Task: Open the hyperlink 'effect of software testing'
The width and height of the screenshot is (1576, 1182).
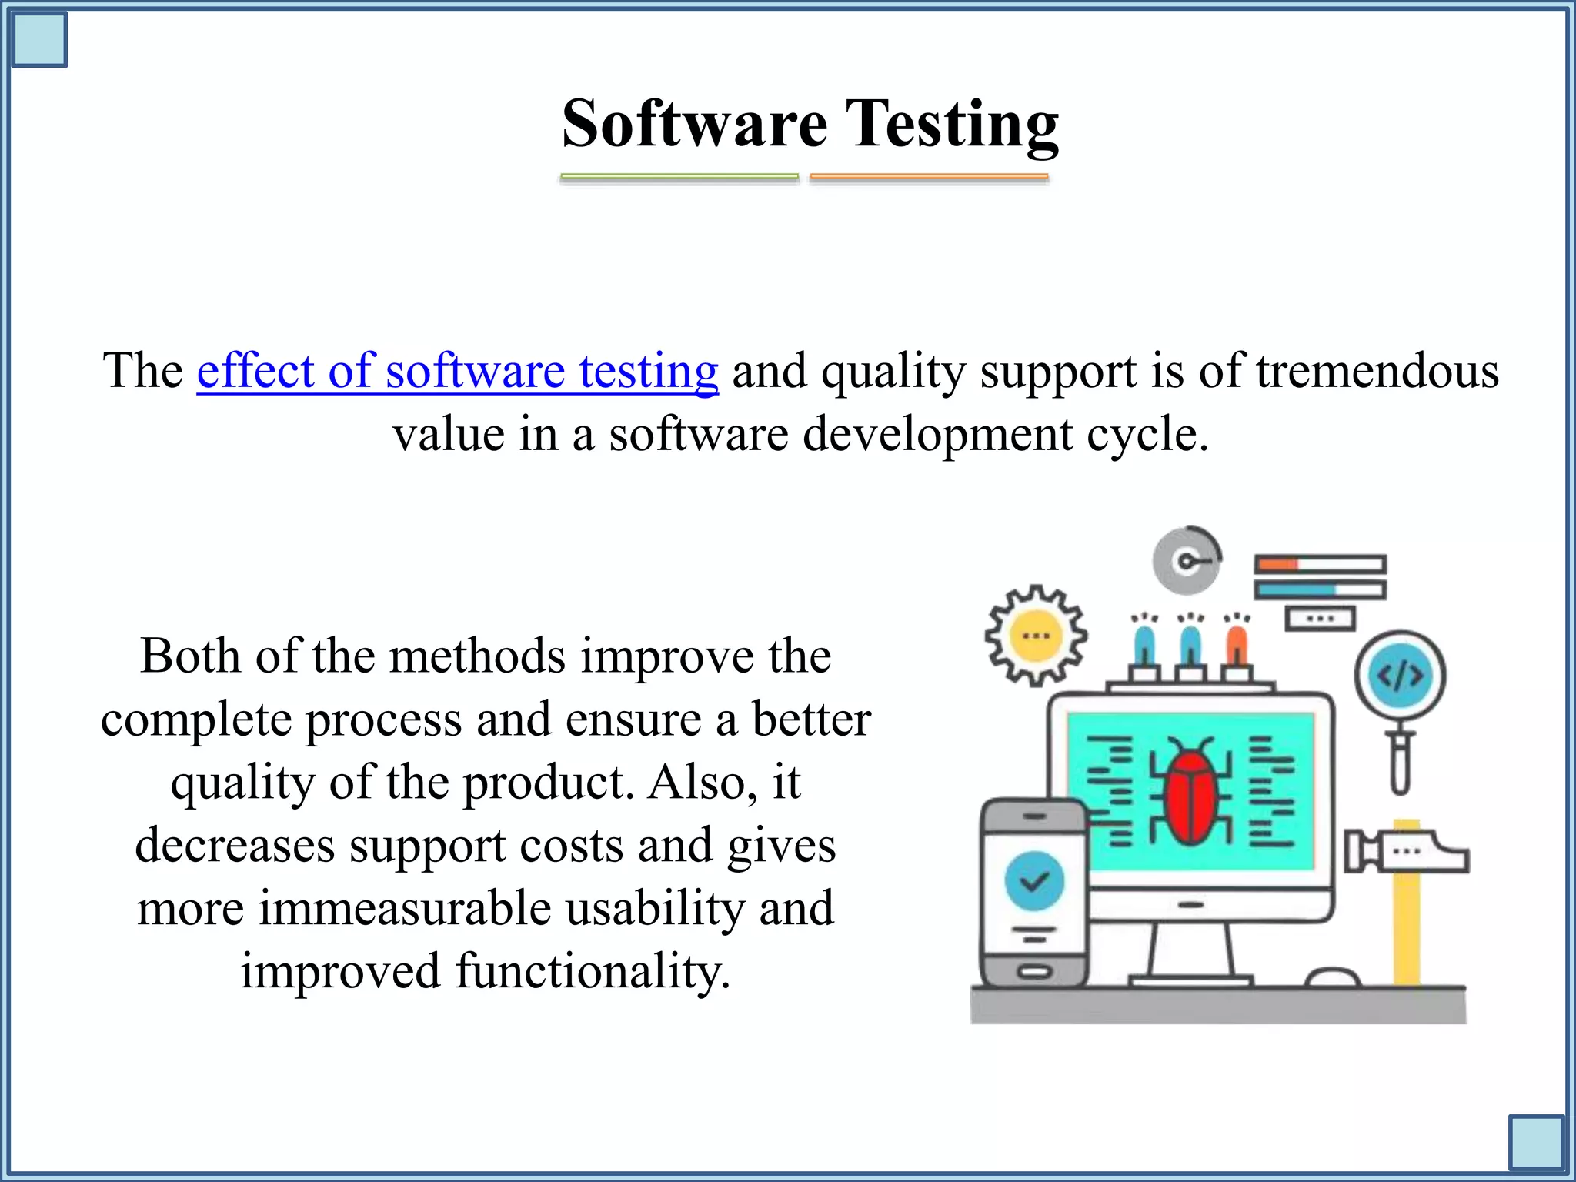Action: [x=457, y=371]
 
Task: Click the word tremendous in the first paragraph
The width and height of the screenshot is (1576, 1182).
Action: [x=1377, y=371]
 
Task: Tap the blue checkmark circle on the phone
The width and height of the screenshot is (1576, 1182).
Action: [x=1034, y=881]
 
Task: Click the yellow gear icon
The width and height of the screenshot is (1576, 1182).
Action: [x=1036, y=636]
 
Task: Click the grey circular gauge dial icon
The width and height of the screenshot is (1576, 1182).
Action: [x=1186, y=561]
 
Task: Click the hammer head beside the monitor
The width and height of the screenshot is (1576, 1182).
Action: [x=1407, y=852]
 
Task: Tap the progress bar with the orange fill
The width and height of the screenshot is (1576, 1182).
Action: [x=1320, y=565]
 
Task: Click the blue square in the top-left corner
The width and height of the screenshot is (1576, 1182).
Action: [x=39, y=39]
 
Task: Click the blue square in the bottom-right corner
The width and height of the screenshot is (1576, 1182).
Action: [x=1536, y=1143]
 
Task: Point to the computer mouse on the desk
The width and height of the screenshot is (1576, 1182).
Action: [x=1333, y=977]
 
